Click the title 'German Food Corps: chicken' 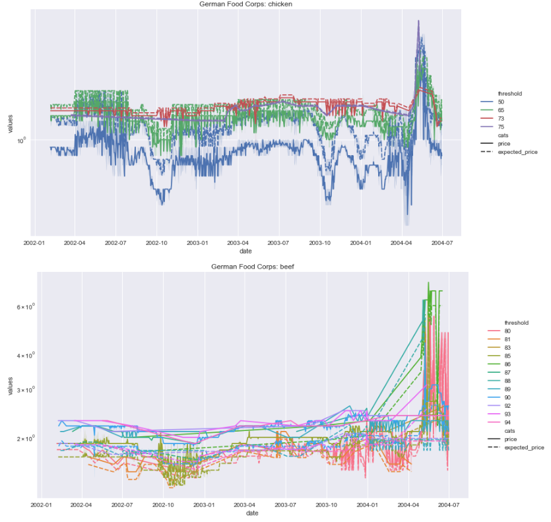(x=245, y=4)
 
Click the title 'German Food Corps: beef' (x=252, y=267)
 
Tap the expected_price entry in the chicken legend (x=509, y=152)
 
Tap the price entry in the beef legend (x=502, y=440)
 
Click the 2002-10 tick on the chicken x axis (x=156, y=243)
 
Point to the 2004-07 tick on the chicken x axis (x=442, y=243)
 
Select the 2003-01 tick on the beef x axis (x=204, y=505)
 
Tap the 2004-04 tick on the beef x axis (x=408, y=505)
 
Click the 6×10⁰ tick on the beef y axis (x=26, y=307)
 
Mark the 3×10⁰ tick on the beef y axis (x=26, y=390)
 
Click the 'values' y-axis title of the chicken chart (x=10, y=123)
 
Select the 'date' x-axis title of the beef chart (x=252, y=513)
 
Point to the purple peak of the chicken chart (x=418, y=20)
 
